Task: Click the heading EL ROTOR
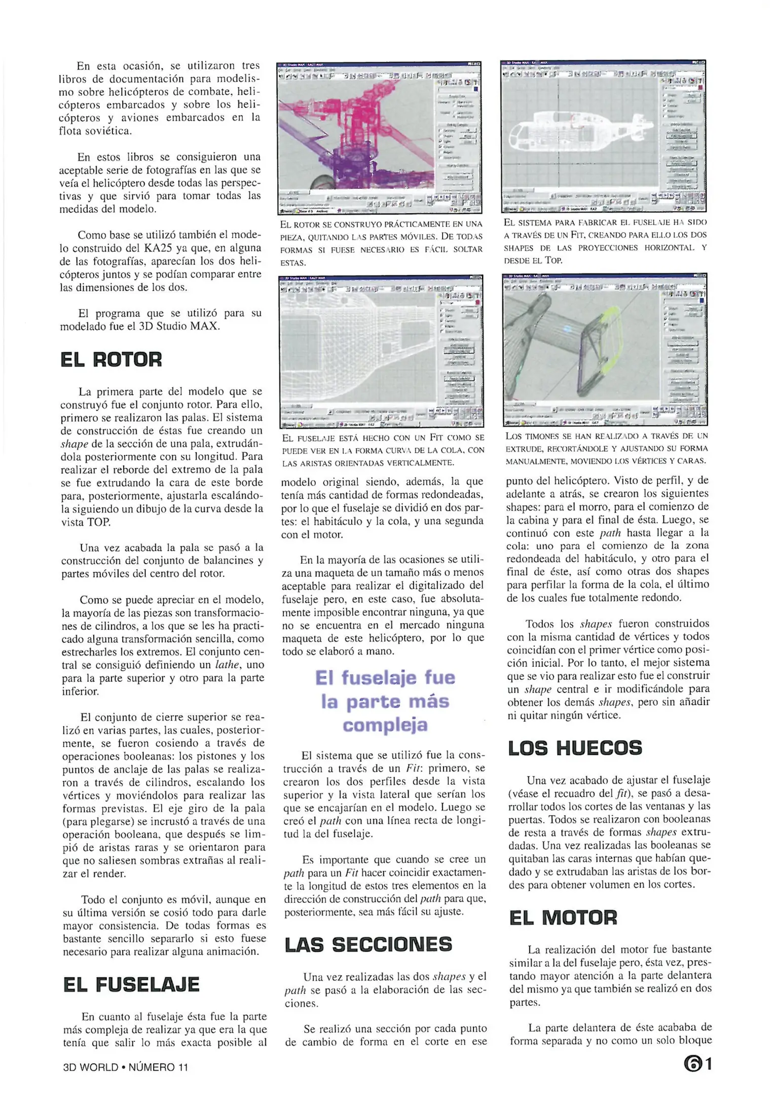111,359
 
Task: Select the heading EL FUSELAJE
131,984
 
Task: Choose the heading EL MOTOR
563,918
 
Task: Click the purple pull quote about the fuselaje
385,701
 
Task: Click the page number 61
697,1064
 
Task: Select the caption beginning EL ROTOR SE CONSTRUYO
381,243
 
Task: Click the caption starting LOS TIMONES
606,448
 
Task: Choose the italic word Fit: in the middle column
418,768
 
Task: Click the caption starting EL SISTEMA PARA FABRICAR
605,241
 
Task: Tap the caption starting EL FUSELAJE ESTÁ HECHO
383,450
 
